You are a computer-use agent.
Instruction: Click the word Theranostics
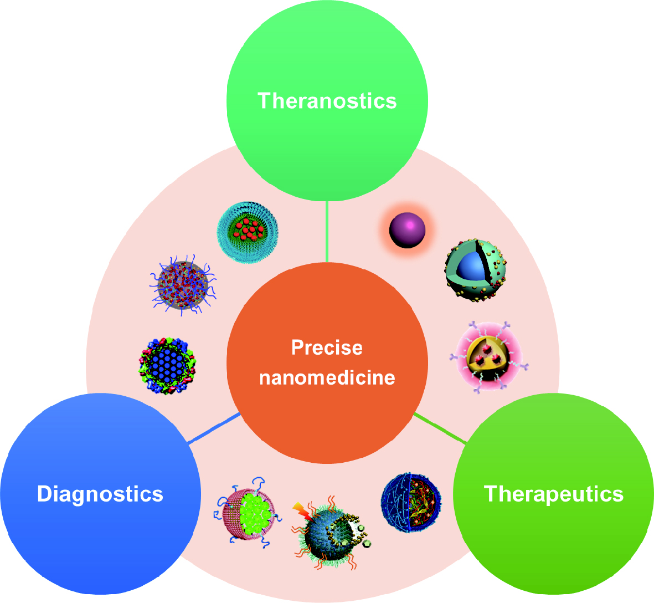pos(327,101)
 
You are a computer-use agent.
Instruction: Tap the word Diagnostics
pos(100,494)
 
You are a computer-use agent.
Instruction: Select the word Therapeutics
pos(553,494)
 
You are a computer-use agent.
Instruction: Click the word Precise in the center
pos(327,348)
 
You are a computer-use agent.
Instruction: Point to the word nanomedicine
pos(327,377)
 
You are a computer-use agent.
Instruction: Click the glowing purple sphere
pos(407,231)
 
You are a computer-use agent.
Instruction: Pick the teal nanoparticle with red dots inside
pos(248,232)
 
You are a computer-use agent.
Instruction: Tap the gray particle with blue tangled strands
pos(183,285)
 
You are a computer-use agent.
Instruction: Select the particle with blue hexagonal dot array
pos(167,366)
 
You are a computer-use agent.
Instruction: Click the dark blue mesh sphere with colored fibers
pos(411,503)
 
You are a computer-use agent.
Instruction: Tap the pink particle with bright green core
pos(248,513)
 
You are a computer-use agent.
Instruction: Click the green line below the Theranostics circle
pos(327,232)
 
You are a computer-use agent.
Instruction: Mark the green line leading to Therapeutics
pos(440,428)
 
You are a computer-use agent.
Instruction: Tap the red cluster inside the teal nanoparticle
pos(249,230)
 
